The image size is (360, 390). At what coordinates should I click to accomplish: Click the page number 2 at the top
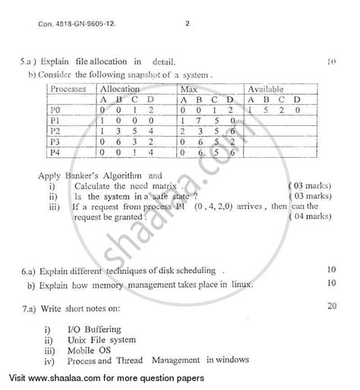tap(186, 24)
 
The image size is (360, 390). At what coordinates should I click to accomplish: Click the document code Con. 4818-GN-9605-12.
tap(89, 24)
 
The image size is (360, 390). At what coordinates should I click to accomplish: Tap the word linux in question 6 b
tap(241, 284)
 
